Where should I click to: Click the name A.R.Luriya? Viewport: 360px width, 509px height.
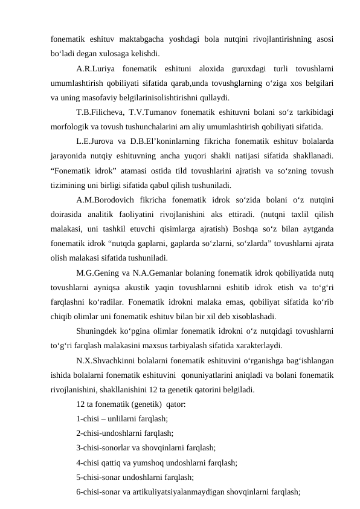pyautogui.click(x=94, y=68)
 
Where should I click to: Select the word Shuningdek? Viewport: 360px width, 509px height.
pyautogui.click(x=99, y=319)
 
